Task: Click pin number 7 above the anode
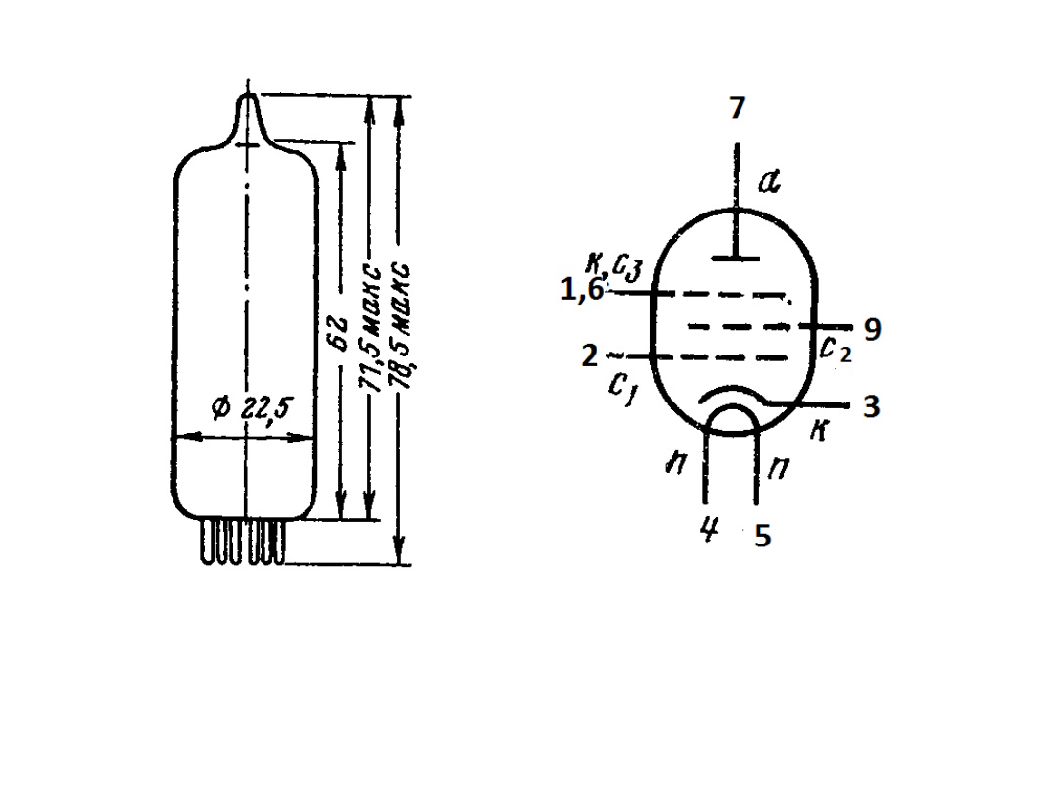point(737,109)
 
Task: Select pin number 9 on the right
point(872,330)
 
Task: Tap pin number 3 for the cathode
point(872,406)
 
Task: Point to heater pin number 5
point(763,536)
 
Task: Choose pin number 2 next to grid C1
point(590,355)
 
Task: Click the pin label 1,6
point(583,290)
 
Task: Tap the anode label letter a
point(770,181)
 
